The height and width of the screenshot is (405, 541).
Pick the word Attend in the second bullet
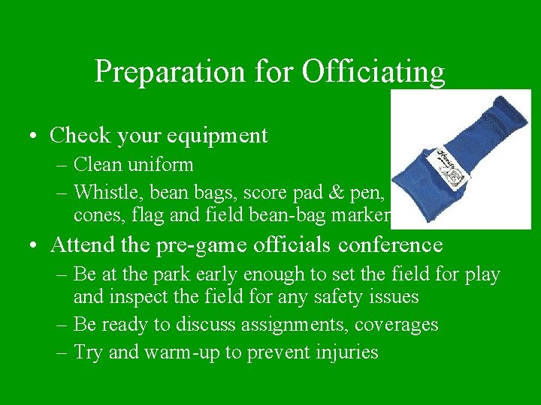pyautogui.click(x=83, y=244)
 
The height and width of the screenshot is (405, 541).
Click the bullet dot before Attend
pyautogui.click(x=35, y=246)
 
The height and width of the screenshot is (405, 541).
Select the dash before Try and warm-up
pyautogui.click(x=61, y=352)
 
